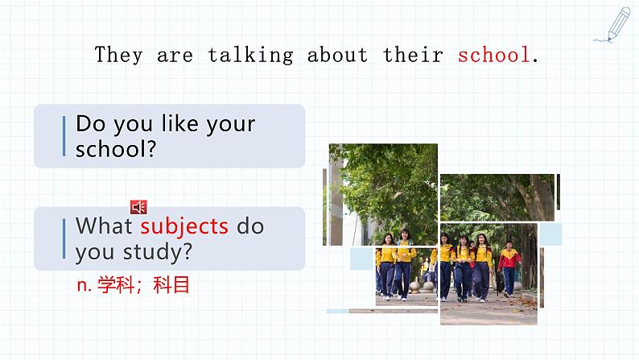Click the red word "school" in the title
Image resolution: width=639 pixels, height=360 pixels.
(x=493, y=55)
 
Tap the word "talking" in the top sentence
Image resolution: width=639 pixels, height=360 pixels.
(x=250, y=55)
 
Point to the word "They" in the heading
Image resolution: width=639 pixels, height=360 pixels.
(x=119, y=55)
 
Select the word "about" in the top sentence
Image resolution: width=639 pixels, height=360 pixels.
(x=336, y=55)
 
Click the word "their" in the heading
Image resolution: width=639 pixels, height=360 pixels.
(x=413, y=55)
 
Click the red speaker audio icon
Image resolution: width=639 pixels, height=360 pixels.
(x=138, y=208)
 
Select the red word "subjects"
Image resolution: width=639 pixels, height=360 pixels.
(x=184, y=226)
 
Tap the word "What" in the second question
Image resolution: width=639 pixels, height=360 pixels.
(x=105, y=226)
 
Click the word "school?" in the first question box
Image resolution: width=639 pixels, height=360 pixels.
(x=115, y=149)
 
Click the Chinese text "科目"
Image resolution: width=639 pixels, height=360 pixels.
(x=172, y=284)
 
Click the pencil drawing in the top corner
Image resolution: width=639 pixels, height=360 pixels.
(x=613, y=25)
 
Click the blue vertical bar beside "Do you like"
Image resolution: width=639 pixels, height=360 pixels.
(x=64, y=136)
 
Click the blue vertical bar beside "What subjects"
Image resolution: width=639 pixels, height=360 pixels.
(x=64, y=238)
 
